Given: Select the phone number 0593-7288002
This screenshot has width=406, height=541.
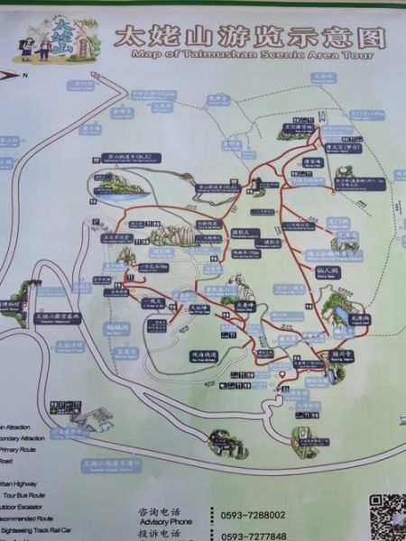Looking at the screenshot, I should pos(253,515).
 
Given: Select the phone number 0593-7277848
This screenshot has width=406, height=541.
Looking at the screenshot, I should pos(253,536).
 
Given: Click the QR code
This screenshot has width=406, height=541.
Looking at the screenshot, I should pos(386,516).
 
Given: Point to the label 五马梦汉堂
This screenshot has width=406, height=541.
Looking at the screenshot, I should pos(116,238).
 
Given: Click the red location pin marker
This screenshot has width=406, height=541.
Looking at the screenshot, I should pos(282,373).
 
